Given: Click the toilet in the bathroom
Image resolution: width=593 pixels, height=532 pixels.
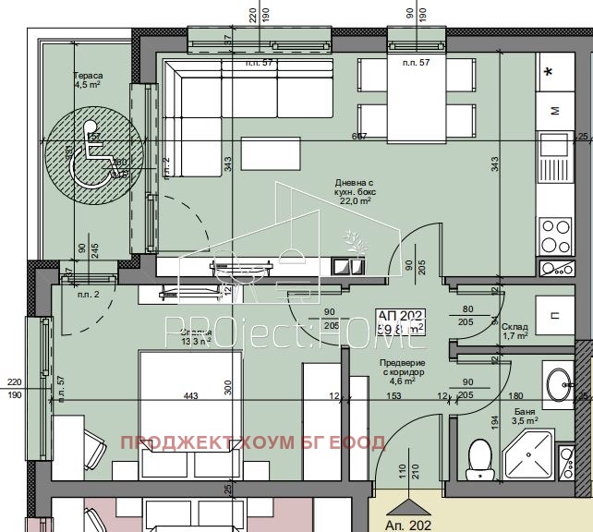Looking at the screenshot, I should point(478,458).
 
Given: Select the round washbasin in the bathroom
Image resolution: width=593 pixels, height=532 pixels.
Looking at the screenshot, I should point(560,384).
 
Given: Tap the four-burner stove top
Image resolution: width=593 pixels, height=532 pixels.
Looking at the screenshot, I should point(557,229).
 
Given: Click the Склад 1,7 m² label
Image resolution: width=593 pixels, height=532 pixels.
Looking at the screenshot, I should point(514,331).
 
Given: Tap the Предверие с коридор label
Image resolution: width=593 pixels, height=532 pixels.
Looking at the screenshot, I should point(403,372).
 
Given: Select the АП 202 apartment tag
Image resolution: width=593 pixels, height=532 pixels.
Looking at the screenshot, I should point(402,320).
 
